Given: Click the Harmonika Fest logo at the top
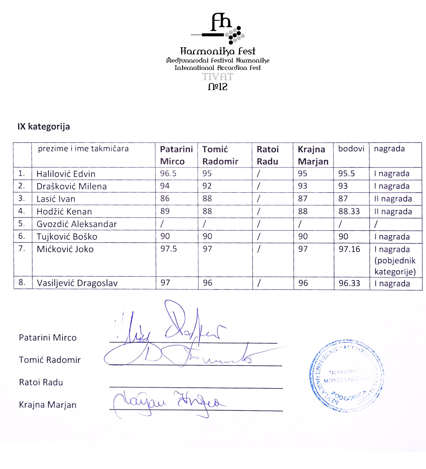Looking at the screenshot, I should [x=218, y=28].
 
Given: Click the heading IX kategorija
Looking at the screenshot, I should [x=44, y=127].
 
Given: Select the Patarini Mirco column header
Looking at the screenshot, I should [x=176, y=155].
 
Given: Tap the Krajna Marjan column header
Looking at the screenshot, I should [x=313, y=155].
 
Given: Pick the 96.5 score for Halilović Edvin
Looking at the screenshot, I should [x=168, y=173].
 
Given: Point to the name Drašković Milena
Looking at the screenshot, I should [x=71, y=186].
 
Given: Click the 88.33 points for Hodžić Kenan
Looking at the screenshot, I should [x=349, y=211].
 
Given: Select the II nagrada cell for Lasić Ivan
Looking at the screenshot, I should [x=393, y=199].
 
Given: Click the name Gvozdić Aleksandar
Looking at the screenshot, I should [x=77, y=224].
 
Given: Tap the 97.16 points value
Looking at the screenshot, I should [x=349, y=249].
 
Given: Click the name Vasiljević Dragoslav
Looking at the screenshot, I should [x=77, y=283].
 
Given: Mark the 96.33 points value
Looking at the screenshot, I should [x=349, y=283].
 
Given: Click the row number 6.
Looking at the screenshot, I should [x=22, y=236].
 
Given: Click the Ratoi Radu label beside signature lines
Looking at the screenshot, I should [x=41, y=382].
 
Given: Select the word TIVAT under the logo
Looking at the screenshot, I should [x=218, y=77].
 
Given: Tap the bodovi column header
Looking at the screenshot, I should [x=351, y=149].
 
